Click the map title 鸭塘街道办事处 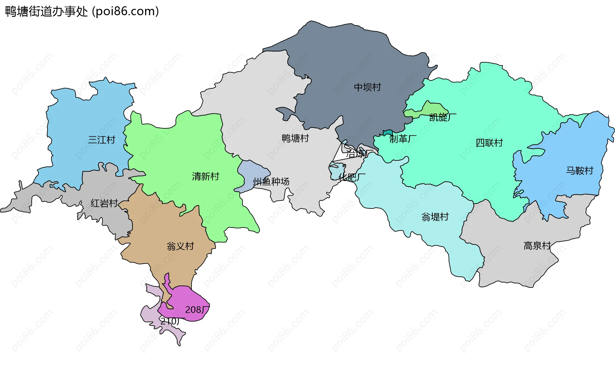click(46, 12)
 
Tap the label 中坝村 click(367, 87)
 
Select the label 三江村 click(102, 140)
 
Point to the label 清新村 click(205, 176)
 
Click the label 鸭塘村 click(295, 139)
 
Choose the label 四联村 click(489, 143)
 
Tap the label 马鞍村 click(579, 171)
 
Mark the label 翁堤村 click(435, 217)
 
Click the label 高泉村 click(537, 246)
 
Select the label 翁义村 click(180, 246)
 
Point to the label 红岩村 click(104, 203)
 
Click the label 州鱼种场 click(271, 182)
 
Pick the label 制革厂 click(403, 139)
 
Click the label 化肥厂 click(352, 177)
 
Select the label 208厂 click(197, 310)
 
